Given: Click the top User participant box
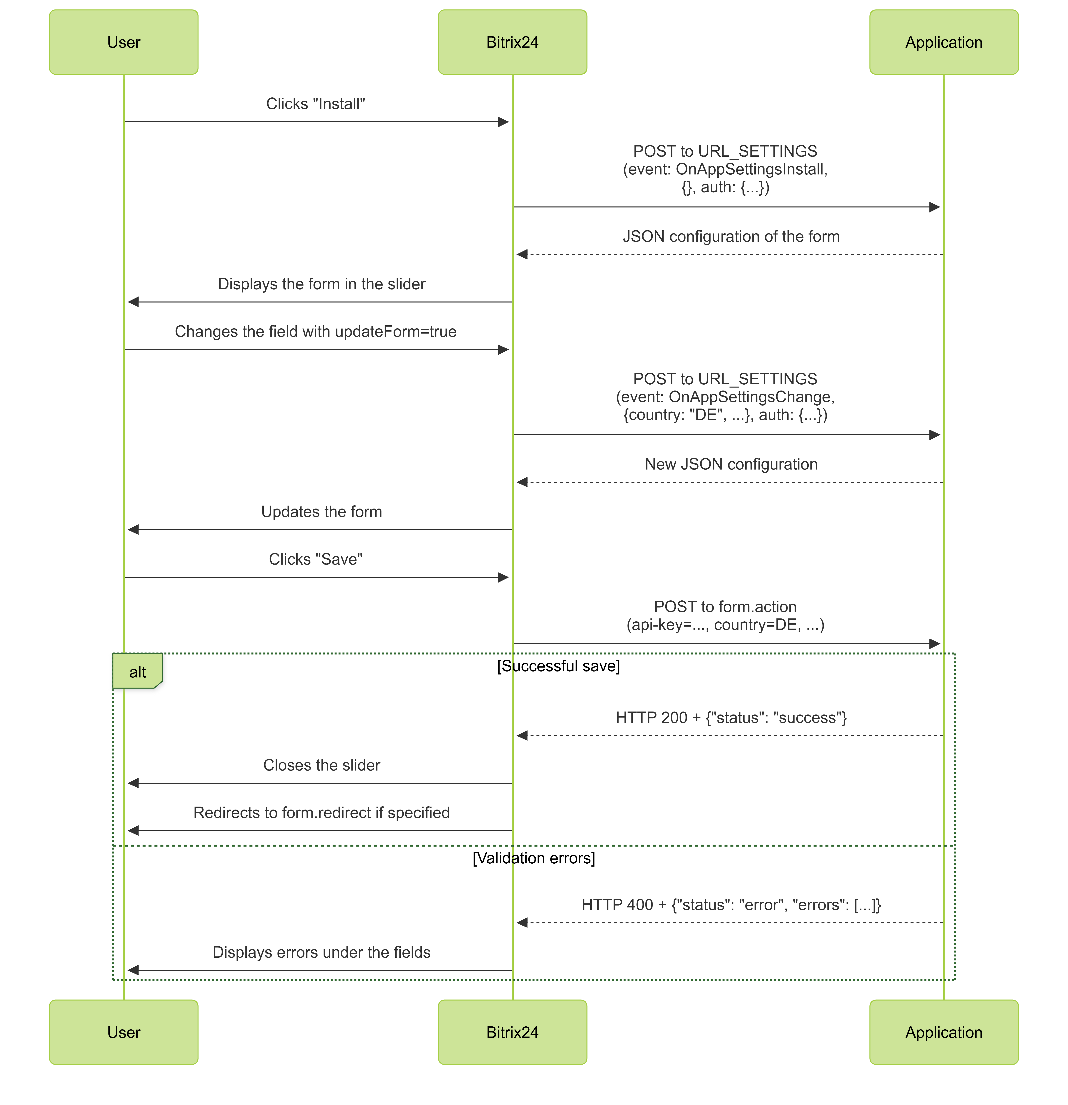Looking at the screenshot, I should click(123, 42).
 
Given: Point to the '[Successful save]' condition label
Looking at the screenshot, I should click(558, 666).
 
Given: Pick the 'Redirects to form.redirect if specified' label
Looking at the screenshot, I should click(321, 812).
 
